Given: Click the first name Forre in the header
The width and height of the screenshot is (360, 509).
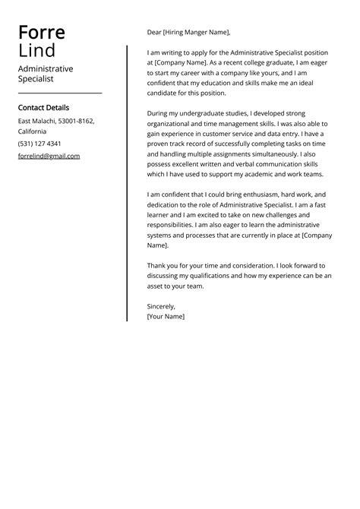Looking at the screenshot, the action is pos(42,32).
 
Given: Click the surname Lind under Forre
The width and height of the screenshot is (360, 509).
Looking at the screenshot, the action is pos(36,50).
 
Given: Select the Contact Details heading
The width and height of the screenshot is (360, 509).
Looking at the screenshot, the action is pos(43,107).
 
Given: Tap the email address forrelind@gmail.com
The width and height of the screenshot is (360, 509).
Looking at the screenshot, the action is pos(49,156).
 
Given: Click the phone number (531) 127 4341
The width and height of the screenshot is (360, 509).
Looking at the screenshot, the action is pos(39,144).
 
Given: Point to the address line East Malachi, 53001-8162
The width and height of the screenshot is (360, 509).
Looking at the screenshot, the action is pos(56,121).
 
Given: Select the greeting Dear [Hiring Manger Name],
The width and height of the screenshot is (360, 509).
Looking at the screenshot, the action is pos(188,33).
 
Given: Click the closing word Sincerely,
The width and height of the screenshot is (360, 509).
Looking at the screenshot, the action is pos(161,305).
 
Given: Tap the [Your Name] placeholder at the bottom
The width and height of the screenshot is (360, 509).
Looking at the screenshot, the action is pos(166,316).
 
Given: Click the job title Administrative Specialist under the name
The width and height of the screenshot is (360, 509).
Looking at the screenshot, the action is pos(46,74).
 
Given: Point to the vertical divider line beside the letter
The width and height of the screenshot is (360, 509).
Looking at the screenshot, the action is pos(127,182).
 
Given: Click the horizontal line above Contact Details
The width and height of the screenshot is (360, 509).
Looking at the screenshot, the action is pos(59,93).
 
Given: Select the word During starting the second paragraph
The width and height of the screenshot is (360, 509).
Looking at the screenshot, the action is pos(159,112).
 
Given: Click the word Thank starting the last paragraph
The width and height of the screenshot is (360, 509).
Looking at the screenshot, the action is pos(157,265).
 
